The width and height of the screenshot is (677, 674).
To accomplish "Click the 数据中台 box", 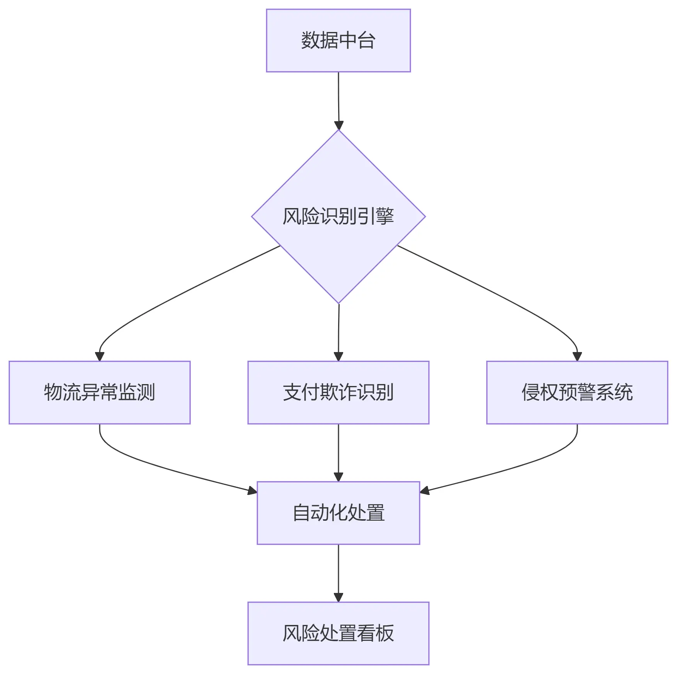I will (338, 41).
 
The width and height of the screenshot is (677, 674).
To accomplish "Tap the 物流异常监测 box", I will (99, 392).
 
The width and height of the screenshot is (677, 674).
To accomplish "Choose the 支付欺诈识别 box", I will (338, 392).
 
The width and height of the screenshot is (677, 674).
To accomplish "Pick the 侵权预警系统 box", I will (577, 392).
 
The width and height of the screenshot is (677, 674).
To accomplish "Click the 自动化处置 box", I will (338, 513).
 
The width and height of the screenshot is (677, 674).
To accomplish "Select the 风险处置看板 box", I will (338, 633).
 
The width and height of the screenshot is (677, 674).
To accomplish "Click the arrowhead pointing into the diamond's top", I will (339, 125).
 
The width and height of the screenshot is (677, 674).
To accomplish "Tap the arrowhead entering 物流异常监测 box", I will (100, 356).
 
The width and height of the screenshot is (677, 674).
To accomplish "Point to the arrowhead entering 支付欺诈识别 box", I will (338, 356).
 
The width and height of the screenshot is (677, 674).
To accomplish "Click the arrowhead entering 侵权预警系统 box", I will (577, 356).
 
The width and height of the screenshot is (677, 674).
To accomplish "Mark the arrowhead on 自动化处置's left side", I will (252, 491).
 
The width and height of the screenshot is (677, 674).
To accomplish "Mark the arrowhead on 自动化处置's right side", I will (425, 491).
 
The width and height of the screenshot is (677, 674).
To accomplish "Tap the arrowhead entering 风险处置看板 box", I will (338, 597).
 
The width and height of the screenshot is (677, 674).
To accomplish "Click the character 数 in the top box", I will (310, 40).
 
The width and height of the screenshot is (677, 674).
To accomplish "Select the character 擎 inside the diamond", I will (385, 216).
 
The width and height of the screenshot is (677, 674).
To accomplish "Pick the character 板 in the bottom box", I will (385, 633).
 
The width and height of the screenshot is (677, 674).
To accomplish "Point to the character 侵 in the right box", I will (531, 392).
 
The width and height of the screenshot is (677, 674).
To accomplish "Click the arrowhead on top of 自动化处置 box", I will (338, 477).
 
